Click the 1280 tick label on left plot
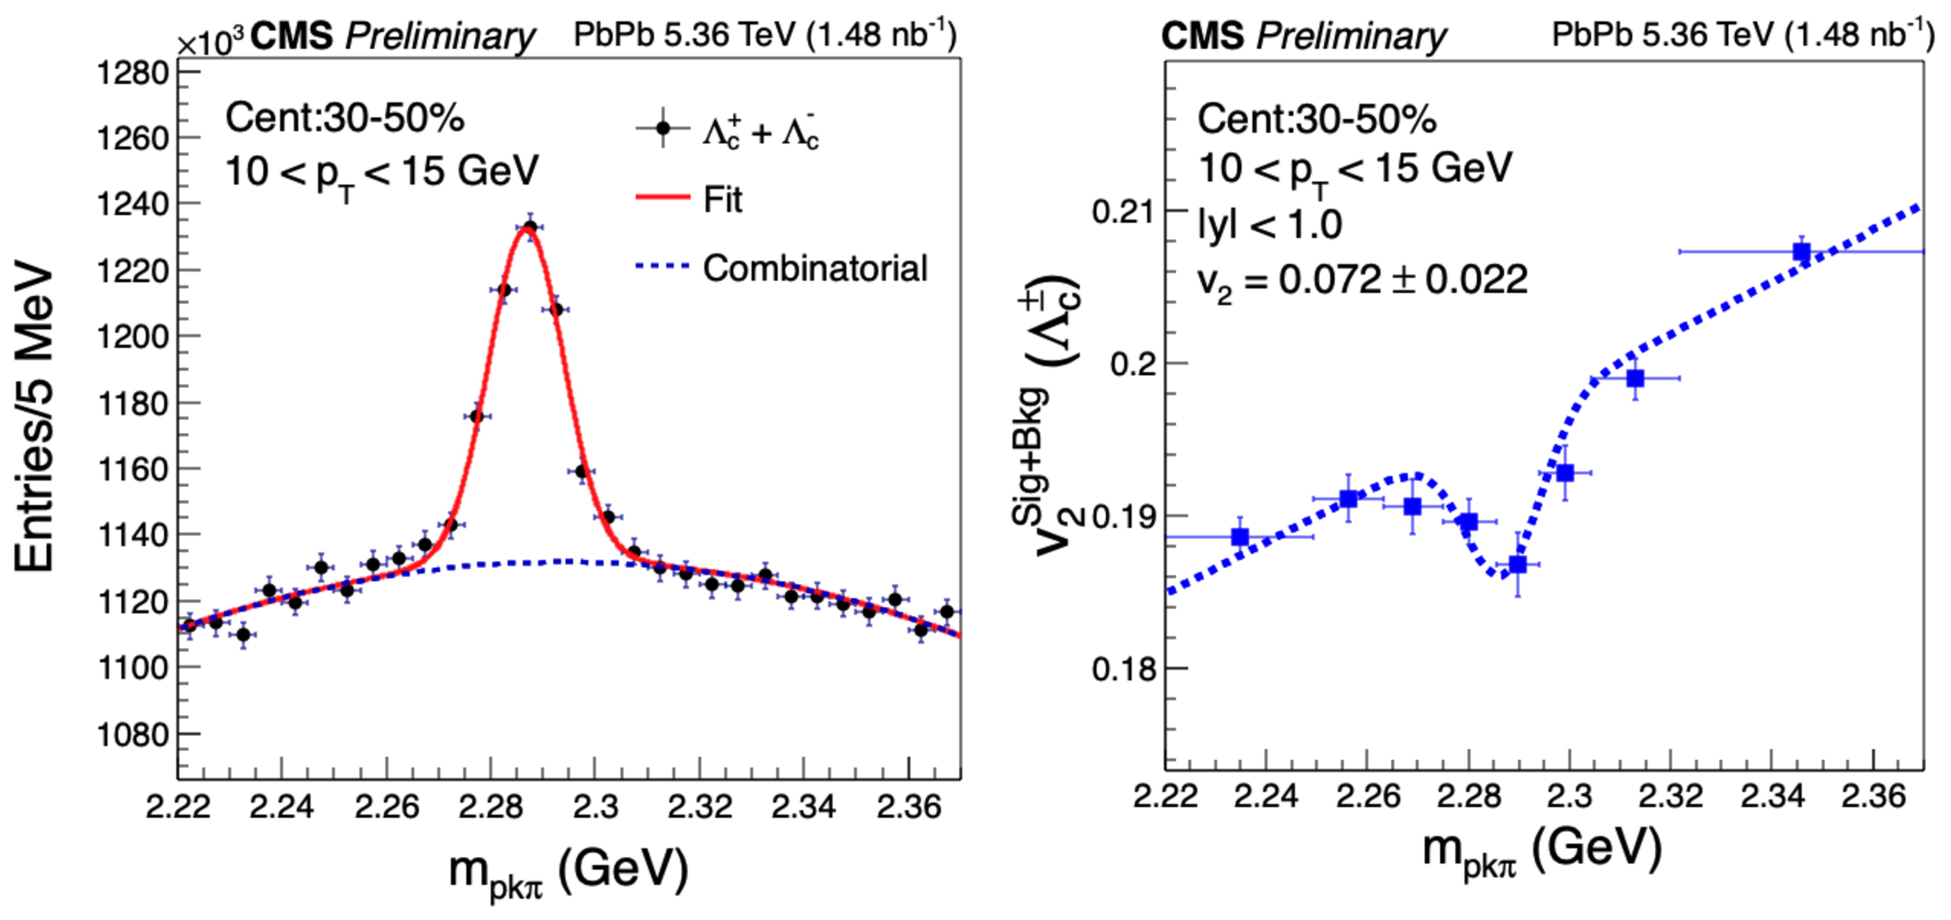133,74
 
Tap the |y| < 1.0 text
1270,224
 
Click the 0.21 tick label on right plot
1124,211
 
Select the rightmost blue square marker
1802,251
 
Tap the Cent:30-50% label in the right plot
1316,119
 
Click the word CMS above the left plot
292,36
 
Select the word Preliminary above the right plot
1351,36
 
